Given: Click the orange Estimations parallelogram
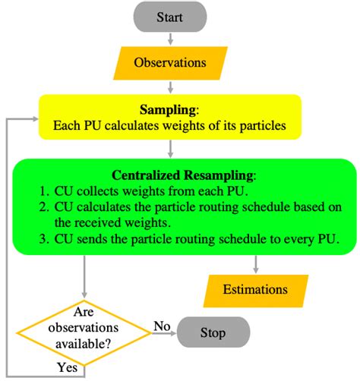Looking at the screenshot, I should point(255,289).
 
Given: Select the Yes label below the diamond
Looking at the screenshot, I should point(67,367).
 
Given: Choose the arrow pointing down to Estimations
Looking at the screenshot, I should point(257,263).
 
